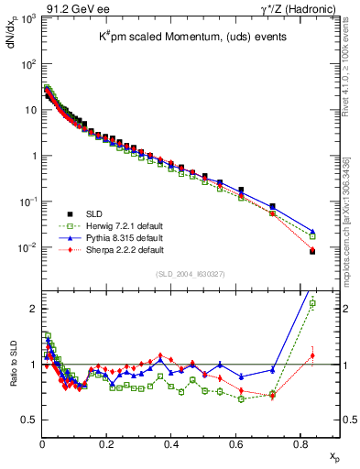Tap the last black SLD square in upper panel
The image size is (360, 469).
click(x=312, y=251)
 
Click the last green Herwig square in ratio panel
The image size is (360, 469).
click(x=312, y=303)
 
